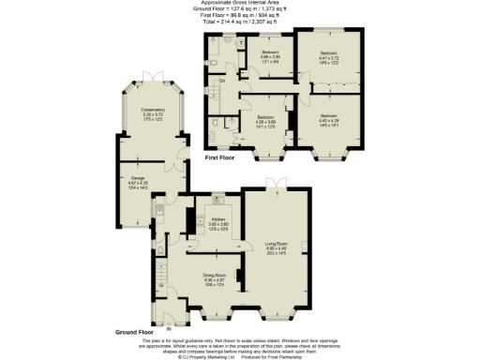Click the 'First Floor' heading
tap(222, 158)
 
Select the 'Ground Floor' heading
tap(134, 332)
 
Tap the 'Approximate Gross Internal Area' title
tap(240, 4)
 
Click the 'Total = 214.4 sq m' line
tap(240, 20)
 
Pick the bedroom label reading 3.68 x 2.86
tap(270, 56)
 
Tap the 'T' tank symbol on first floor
tap(241, 42)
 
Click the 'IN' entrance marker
tap(169, 328)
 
